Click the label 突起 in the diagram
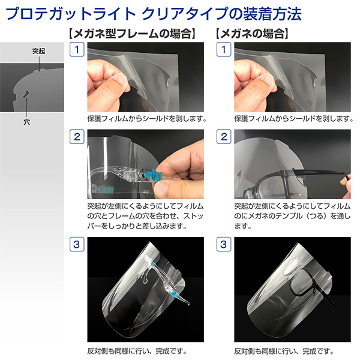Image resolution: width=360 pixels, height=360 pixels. [x=38, y=51]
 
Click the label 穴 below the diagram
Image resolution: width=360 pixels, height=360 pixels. [x=26, y=122]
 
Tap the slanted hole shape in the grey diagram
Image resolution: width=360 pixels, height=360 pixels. [x=26, y=94]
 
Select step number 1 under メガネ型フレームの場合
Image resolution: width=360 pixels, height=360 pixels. [x=77, y=49]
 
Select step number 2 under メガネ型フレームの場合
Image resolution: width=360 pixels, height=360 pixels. [x=77, y=137]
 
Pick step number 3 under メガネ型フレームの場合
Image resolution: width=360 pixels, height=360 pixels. [x=77, y=244]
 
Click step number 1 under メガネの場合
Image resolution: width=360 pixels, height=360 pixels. [x=224, y=49]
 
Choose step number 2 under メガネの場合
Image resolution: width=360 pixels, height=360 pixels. [x=224, y=137]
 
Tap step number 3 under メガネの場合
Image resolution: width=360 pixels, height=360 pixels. [x=224, y=244]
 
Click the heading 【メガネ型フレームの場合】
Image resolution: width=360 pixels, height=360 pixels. [x=133, y=34]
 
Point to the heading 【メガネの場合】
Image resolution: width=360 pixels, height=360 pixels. [x=252, y=34]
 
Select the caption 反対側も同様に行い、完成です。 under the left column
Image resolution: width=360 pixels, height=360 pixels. [x=137, y=351]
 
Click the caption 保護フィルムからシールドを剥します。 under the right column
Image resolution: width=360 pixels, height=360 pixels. [x=293, y=119]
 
